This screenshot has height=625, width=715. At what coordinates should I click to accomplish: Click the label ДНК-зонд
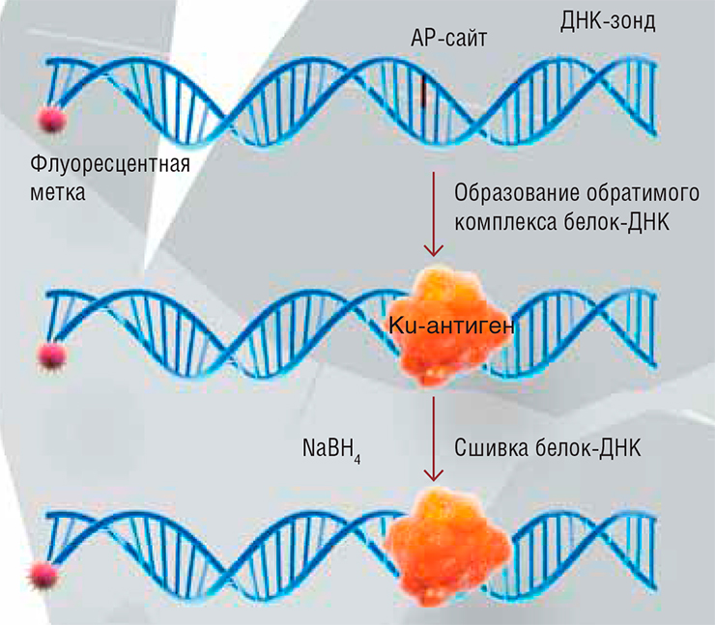[608, 21]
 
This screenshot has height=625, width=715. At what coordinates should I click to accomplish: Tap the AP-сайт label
[448, 38]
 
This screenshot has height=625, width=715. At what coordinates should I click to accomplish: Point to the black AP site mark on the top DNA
[423, 91]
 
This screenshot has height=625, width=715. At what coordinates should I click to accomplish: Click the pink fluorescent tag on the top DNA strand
[51, 120]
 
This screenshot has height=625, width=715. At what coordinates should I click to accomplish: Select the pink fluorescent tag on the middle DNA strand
[51, 355]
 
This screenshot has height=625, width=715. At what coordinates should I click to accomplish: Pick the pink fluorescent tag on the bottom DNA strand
[43, 576]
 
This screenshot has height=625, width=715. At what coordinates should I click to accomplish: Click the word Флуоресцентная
[110, 164]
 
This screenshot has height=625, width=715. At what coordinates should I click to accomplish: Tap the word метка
[57, 192]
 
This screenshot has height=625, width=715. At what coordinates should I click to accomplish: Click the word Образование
[515, 193]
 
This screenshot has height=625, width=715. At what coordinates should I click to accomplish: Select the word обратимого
[643, 193]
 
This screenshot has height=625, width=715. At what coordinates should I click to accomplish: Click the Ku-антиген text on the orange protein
[451, 326]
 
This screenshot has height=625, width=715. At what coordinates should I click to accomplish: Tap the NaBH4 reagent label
[331, 450]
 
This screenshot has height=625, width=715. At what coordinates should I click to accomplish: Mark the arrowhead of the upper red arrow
[433, 251]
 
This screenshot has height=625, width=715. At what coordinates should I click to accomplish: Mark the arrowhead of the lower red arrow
[433, 476]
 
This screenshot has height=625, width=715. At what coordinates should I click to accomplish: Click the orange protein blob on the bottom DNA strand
[449, 547]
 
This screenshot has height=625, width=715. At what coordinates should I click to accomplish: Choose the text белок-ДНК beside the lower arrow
[587, 448]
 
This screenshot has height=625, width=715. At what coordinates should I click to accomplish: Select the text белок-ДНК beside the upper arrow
[616, 223]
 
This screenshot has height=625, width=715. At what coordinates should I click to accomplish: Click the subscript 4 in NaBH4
[357, 459]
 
